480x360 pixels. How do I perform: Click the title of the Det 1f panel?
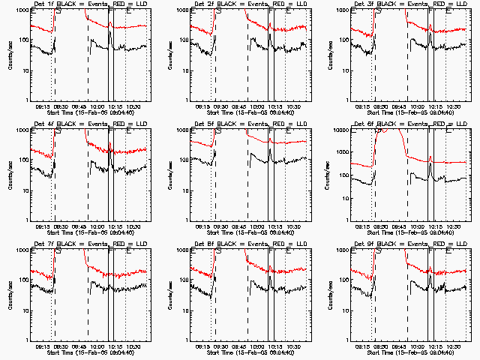click(x=84, y=4)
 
